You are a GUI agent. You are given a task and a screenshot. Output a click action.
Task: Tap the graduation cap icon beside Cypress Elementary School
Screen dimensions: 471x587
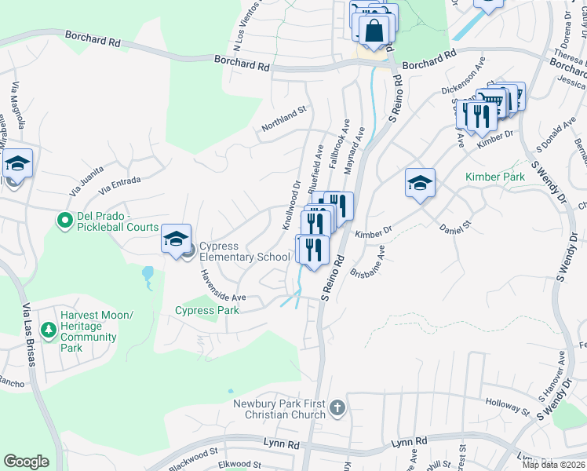point(176,238)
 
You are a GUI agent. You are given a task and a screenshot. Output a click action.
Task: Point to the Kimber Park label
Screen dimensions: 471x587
point(494,177)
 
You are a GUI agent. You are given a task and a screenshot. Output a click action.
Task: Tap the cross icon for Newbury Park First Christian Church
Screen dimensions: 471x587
point(337,408)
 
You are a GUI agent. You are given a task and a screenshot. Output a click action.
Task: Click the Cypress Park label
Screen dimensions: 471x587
point(207,310)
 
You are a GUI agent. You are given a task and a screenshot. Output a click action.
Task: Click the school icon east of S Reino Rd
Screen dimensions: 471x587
point(420,183)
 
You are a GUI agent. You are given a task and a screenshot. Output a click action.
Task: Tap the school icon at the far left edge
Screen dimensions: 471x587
point(16,163)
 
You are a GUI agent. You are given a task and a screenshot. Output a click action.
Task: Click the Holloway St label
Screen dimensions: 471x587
point(507,409)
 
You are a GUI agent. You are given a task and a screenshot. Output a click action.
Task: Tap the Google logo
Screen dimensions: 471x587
point(26,462)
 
